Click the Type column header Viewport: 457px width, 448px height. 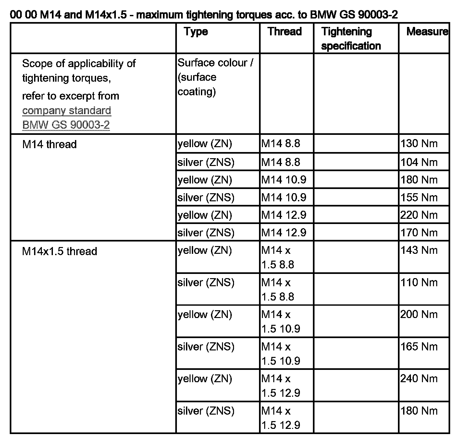click(x=196, y=32)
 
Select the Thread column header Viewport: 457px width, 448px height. click(x=285, y=32)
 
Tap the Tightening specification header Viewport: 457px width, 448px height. click(x=351, y=39)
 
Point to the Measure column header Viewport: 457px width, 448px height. click(x=427, y=32)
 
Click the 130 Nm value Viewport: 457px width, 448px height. click(x=419, y=144)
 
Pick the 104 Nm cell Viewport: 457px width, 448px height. click(x=419, y=162)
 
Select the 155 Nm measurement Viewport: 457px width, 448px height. click(x=419, y=197)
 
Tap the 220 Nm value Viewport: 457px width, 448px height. click(x=419, y=215)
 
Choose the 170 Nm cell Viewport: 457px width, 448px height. click(x=419, y=232)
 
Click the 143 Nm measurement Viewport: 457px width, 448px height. click(x=419, y=250)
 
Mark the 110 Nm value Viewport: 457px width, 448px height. click(x=419, y=282)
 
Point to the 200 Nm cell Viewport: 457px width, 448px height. click(x=419, y=314)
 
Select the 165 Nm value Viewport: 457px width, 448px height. click(x=419, y=347)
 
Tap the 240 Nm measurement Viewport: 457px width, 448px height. click(x=419, y=379)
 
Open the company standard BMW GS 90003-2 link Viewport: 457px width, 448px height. click(x=67, y=118)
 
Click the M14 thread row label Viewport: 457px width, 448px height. click(x=49, y=144)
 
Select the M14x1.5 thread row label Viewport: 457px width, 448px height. click(x=59, y=251)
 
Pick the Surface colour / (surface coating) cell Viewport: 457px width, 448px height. click(x=215, y=77)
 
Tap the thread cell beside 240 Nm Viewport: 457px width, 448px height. click(x=281, y=386)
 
